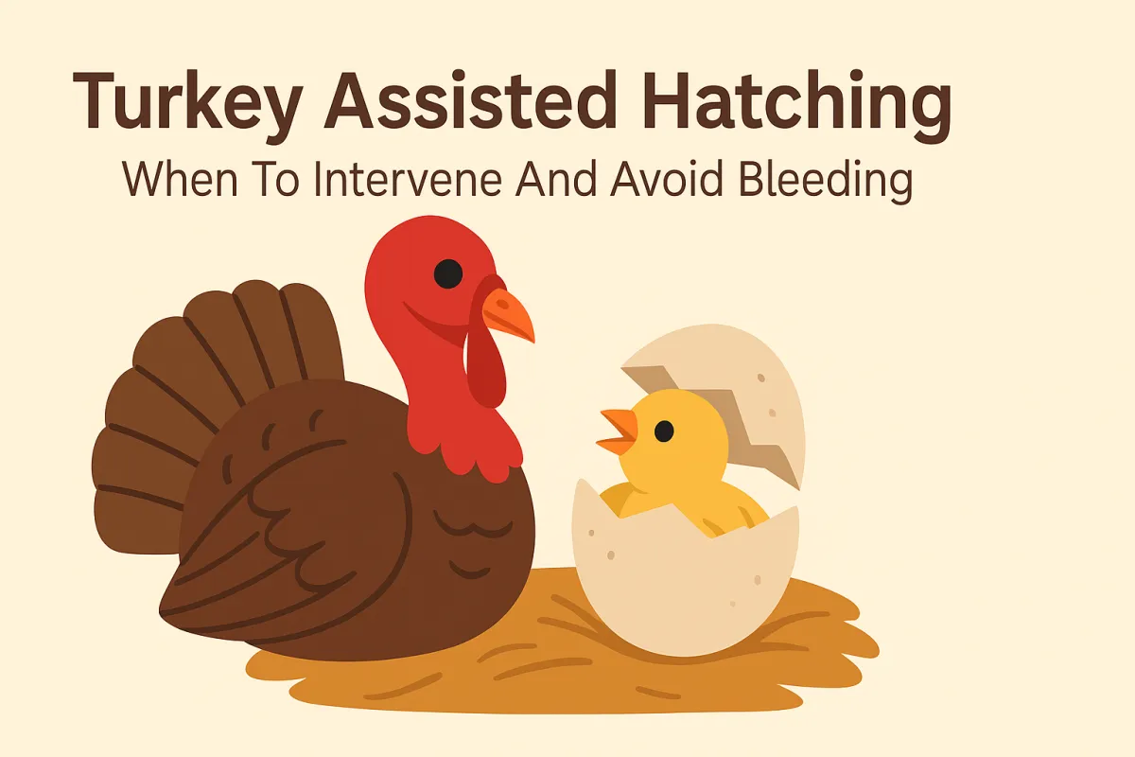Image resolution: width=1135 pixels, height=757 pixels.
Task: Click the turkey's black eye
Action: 447,273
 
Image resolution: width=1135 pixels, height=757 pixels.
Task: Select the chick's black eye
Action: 664,431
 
